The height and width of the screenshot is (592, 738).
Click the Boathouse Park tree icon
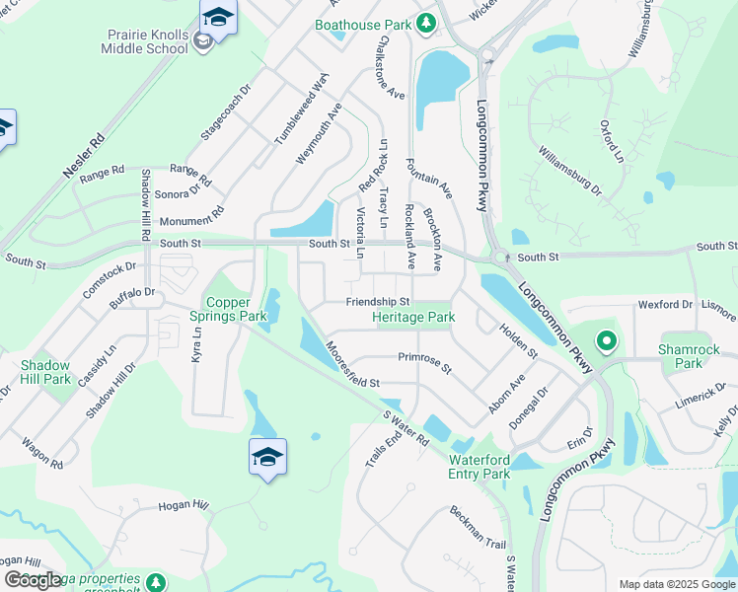(x=425, y=23)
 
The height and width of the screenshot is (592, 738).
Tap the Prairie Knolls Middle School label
(x=148, y=41)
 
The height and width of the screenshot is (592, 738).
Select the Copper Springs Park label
(x=235, y=309)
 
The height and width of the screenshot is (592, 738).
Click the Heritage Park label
(x=413, y=318)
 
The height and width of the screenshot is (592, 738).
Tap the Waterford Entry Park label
(x=480, y=467)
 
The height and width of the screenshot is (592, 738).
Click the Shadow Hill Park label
(x=46, y=372)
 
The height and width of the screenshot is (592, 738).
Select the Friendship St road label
(x=377, y=302)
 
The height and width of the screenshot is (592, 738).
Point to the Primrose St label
(x=424, y=362)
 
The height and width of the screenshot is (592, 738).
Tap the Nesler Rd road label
(x=84, y=156)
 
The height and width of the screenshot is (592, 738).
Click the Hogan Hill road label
(x=184, y=505)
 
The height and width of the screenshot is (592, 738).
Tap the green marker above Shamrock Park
(x=607, y=342)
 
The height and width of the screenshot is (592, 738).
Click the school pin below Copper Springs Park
(x=267, y=457)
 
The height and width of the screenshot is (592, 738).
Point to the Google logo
(x=34, y=580)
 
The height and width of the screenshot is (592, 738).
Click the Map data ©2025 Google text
(x=677, y=584)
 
